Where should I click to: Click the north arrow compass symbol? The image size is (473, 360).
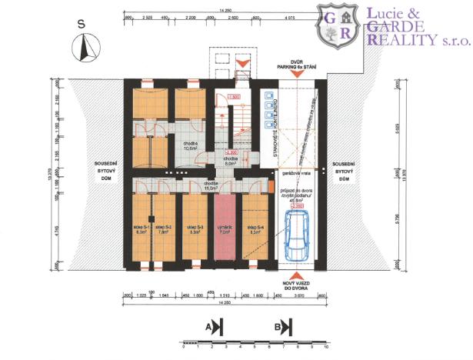82,50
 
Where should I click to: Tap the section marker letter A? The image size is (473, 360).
209,326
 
